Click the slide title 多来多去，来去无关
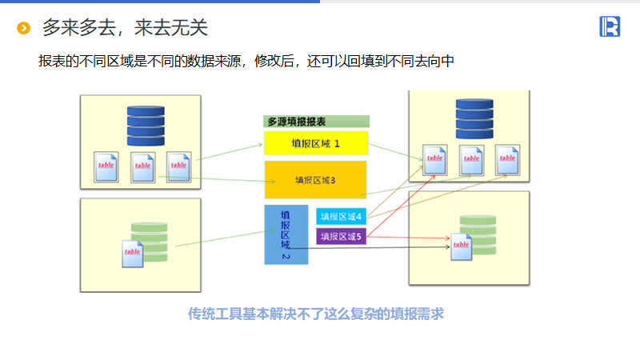point(125,28)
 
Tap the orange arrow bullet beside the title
point(24,29)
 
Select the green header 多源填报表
point(317,122)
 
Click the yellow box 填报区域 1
point(316,143)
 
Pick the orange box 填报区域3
point(315,179)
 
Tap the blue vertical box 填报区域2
point(286,235)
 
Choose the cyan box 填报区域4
point(342,216)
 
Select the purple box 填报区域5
point(342,236)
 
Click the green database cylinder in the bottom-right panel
point(478,228)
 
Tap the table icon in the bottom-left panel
point(134,253)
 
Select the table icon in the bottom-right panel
point(461,246)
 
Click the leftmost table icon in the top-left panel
point(106,166)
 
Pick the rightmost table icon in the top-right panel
point(508,159)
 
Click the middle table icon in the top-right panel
point(471,159)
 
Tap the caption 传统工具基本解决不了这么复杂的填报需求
point(315,314)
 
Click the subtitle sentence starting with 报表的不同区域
point(246,61)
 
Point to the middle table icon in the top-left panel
point(143,166)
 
